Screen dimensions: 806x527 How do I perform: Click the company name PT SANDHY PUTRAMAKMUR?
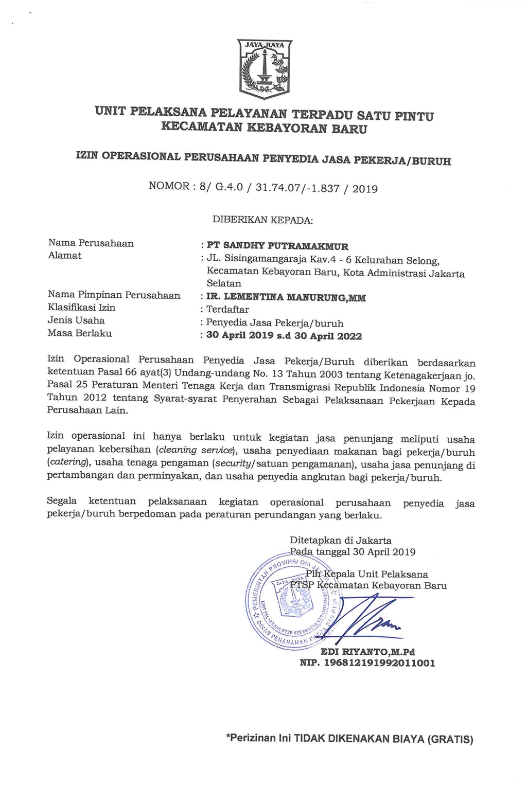point(277,246)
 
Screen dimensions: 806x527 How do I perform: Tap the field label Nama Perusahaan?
point(91,243)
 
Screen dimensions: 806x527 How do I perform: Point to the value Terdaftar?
point(227,310)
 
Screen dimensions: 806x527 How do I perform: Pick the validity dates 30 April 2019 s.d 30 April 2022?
point(284,336)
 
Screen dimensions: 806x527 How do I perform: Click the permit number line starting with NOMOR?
point(263,187)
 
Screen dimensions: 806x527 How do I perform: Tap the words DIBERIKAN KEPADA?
point(262,220)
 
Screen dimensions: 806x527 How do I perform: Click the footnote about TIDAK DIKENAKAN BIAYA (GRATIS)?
point(349,739)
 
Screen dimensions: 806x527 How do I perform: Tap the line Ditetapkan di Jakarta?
point(341,541)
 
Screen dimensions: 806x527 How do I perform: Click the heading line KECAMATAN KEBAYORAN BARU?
point(264,127)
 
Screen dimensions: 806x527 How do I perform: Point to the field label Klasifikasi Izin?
point(81,308)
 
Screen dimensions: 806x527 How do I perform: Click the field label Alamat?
point(64,255)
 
